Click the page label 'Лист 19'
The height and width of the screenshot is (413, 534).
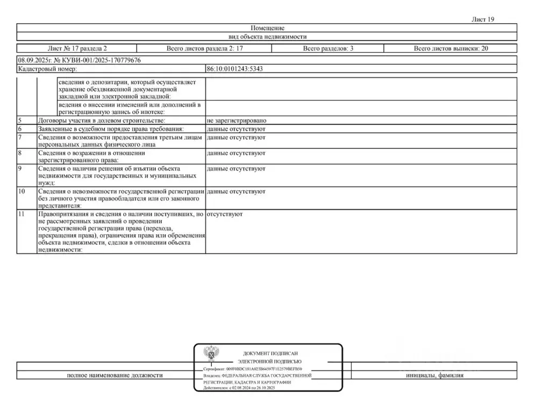482,19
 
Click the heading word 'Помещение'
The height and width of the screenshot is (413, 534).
267,28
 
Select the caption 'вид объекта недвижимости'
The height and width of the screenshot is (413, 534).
267,37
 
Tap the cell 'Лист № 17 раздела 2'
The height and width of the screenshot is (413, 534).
77,48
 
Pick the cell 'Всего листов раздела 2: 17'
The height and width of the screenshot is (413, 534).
204,48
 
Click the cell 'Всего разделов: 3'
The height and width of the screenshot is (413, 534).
327,48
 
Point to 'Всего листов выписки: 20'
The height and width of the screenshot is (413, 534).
451,48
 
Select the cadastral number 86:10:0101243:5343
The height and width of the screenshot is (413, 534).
234,69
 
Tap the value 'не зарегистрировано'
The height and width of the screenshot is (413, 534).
237,121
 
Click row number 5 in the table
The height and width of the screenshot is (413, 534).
20,121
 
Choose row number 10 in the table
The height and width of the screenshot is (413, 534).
22,191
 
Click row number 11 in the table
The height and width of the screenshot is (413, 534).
22,214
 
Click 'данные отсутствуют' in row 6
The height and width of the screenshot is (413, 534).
236,130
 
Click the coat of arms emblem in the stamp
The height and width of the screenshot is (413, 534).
211,355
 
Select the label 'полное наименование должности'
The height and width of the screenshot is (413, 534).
115,375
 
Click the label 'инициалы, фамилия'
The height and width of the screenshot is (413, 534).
435,375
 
